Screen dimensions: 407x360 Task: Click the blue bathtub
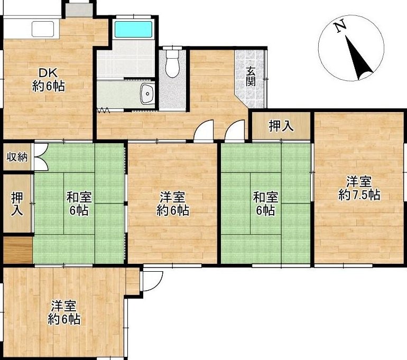tap(133, 29)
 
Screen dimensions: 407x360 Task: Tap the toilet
tap(172, 62)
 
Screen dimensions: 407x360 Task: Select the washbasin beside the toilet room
tap(147, 94)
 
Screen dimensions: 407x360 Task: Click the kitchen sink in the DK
tap(43, 29)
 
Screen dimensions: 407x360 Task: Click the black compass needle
tap(358, 58)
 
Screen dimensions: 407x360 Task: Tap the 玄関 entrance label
tap(251, 77)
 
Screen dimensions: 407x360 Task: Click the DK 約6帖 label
tap(48, 79)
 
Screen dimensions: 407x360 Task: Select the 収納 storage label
tap(17, 157)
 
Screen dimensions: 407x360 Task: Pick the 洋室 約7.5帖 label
tap(359, 188)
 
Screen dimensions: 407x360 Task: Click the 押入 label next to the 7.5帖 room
tap(281, 126)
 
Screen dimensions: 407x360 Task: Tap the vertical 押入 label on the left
tap(17, 204)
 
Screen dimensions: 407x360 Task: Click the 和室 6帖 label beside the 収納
tap(79, 204)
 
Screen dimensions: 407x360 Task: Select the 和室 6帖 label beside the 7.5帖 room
tap(265, 204)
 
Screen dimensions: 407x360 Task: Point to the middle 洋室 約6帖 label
tap(173, 204)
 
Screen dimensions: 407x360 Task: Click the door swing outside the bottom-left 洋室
tap(152, 281)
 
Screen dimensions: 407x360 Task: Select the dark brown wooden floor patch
tap(17, 250)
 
